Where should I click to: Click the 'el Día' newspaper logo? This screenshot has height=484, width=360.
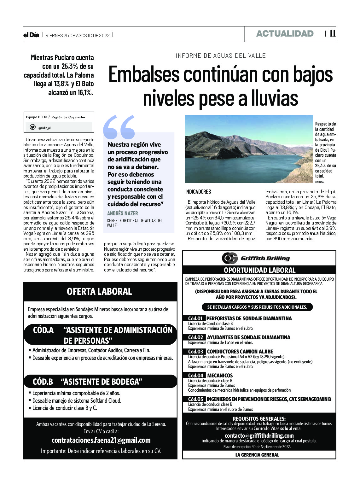[31, 35]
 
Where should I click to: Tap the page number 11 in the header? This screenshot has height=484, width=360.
[332, 33]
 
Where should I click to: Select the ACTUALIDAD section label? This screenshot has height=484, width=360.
[285, 34]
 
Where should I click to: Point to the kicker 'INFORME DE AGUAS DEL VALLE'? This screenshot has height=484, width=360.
[221, 56]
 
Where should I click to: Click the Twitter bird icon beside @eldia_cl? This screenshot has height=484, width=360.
[32, 127]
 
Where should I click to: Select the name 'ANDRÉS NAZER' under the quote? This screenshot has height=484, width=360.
[122, 213]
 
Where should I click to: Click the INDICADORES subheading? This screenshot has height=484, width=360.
[198, 192]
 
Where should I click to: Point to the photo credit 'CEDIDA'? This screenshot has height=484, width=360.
[319, 182]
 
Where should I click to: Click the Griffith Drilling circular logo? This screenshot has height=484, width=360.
[229, 258]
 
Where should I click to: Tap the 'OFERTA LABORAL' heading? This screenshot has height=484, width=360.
[99, 291]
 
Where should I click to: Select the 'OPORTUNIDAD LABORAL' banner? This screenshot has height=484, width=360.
[259, 270]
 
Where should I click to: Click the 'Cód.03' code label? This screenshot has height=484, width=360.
[195, 352]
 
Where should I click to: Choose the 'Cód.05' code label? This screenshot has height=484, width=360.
[195, 399]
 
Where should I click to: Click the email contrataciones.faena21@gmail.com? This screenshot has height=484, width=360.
[101, 440]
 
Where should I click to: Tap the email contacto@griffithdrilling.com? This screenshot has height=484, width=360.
[259, 435]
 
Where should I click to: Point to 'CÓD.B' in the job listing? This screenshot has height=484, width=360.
[43, 382]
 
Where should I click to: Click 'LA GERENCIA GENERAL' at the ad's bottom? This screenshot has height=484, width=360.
[257, 455]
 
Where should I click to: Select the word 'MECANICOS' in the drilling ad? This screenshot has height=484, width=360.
[220, 376]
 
